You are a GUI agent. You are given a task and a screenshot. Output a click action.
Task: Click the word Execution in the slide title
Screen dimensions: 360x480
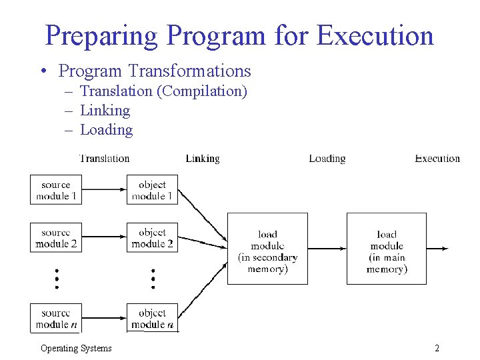(375, 35)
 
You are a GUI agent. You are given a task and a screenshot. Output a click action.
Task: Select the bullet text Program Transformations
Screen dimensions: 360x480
(155, 70)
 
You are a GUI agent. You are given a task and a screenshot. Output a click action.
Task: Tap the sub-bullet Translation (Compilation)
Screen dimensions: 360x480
(163, 91)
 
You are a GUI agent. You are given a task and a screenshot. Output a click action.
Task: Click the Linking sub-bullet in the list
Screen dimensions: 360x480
(105, 110)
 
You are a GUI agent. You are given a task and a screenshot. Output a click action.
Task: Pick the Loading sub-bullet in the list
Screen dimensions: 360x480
(106, 129)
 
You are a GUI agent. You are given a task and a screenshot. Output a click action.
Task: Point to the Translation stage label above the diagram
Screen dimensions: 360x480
(105, 158)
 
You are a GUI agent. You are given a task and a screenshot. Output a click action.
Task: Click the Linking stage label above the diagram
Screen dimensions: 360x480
(203, 158)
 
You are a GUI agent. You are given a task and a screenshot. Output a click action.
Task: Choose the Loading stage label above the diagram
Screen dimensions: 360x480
(327, 158)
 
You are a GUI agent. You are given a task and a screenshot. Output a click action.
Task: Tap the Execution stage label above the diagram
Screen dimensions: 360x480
(437, 158)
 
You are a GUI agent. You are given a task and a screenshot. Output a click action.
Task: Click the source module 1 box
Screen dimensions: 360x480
(56, 190)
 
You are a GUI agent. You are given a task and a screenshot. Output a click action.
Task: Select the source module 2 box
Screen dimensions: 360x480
(56, 238)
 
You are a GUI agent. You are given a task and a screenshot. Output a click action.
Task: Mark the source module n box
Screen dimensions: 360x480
(56, 318)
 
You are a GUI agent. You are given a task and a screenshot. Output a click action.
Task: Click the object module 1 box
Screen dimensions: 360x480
(152, 190)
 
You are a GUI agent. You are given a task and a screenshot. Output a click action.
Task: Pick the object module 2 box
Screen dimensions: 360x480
(152, 238)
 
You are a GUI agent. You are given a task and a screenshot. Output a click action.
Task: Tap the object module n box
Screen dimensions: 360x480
(152, 318)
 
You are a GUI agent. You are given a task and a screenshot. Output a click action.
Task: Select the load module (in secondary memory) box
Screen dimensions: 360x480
(267, 249)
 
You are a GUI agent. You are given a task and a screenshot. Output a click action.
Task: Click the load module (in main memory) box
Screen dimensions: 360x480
(387, 249)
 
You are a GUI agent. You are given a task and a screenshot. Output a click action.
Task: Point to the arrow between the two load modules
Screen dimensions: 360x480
(327, 249)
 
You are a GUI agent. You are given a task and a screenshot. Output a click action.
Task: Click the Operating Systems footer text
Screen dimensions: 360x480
(76, 348)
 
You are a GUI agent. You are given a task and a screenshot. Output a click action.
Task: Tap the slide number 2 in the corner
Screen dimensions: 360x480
(437, 348)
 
